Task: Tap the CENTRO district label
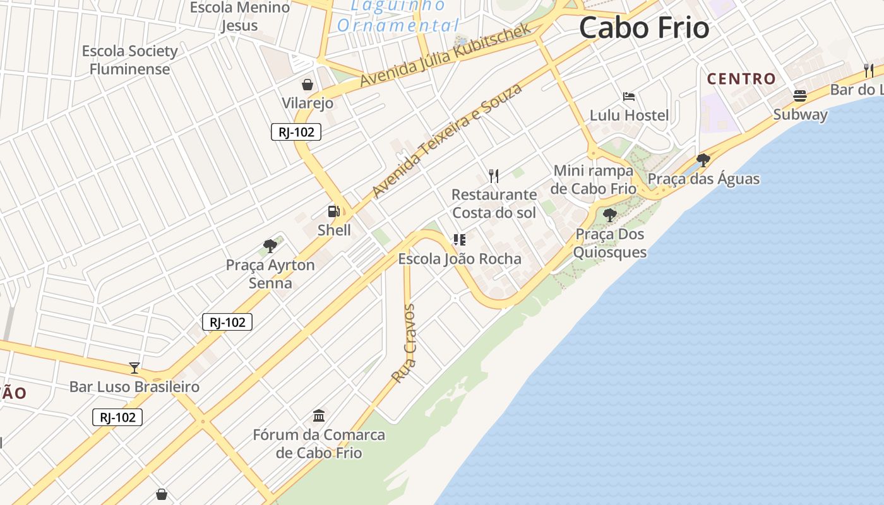click(x=741, y=79)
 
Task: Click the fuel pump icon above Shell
click(x=333, y=211)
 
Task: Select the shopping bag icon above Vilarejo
click(x=308, y=85)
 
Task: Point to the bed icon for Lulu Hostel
click(x=629, y=97)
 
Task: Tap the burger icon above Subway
click(x=800, y=96)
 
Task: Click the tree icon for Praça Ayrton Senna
click(x=270, y=246)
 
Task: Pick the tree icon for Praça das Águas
click(x=703, y=160)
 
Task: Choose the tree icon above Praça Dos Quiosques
click(x=609, y=215)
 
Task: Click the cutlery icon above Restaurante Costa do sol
click(x=494, y=175)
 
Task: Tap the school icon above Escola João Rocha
click(x=459, y=240)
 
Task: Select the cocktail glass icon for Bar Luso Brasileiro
click(x=134, y=367)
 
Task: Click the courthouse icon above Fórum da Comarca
click(x=319, y=416)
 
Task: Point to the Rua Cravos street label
click(x=403, y=343)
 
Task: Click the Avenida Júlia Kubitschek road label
click(x=446, y=56)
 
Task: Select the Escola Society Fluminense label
click(x=130, y=60)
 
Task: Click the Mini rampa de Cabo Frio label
click(x=593, y=179)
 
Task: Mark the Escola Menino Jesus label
click(x=240, y=16)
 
